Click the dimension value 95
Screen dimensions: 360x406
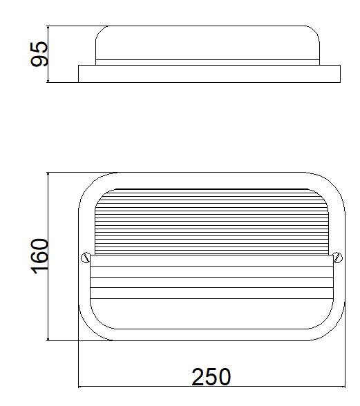(39, 54)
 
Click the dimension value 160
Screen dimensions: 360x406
(39, 256)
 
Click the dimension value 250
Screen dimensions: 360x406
(211, 377)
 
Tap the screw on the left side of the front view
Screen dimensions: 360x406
(86, 258)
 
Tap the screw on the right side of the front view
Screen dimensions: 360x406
(338, 258)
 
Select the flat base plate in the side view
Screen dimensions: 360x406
(209, 74)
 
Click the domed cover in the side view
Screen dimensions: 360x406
(207, 43)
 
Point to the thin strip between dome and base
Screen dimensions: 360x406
(207, 62)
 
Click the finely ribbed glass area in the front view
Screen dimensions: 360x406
(211, 222)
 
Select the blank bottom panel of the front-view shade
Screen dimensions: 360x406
(211, 313)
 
